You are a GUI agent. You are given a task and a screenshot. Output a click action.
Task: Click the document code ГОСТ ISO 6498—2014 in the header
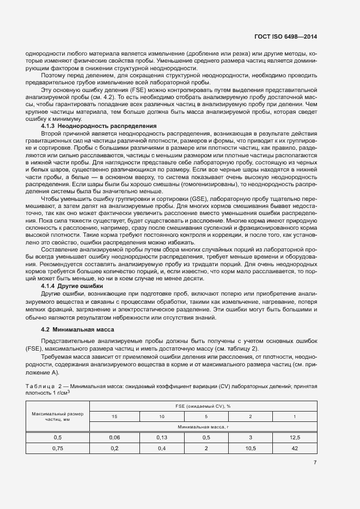[285, 37]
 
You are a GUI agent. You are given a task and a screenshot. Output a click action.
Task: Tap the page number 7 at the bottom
[315, 463]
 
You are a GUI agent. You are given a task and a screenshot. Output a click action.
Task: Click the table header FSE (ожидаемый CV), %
[203, 406]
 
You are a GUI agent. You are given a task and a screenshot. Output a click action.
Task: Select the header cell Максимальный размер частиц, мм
[58, 416]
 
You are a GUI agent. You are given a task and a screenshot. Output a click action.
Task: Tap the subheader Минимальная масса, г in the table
[203, 427]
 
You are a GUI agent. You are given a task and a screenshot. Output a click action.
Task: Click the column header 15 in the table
[114, 416]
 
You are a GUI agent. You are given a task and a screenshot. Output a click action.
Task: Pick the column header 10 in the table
[162, 416]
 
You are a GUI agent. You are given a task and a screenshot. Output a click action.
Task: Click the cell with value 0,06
[114, 437]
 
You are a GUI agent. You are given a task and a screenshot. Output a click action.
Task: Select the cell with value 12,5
[295, 437]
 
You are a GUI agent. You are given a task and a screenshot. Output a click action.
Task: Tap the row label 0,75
[58, 448]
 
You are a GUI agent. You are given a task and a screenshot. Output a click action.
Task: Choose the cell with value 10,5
[251, 448]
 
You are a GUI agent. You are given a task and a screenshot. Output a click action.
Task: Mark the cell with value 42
[295, 448]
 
